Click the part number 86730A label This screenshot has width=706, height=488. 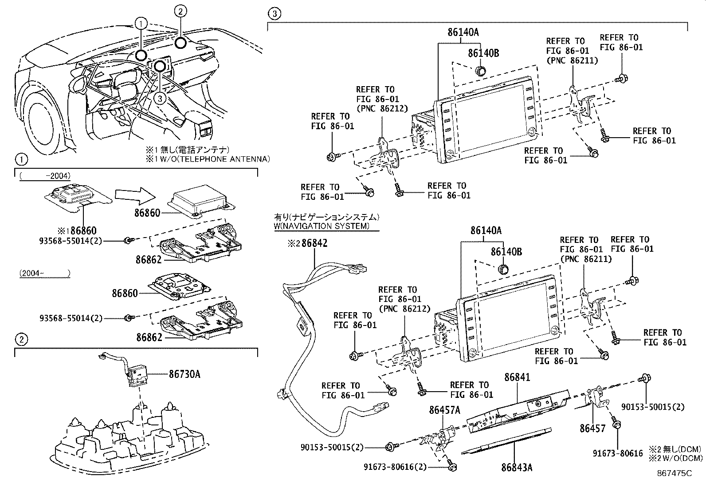184,374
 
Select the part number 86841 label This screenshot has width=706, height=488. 517,377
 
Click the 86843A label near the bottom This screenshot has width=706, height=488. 517,468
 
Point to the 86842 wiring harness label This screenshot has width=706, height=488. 314,243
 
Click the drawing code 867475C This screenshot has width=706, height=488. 674,473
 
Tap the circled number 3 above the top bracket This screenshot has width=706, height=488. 275,14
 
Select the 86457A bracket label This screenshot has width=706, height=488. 444,410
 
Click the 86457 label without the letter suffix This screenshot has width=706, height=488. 592,428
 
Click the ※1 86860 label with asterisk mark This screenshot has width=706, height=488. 77,231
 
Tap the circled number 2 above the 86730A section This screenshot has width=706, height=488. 21,340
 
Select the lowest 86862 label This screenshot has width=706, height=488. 149,337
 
